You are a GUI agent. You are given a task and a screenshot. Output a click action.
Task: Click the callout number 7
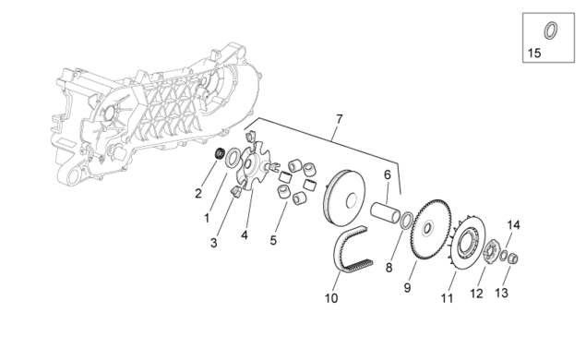click(339, 119)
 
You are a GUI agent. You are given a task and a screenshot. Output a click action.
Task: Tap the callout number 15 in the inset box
click(534, 54)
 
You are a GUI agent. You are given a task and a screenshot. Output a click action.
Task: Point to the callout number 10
click(331, 298)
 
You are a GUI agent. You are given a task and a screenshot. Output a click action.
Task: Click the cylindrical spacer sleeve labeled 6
click(386, 213)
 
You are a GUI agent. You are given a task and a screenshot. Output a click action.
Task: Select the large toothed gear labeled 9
click(432, 229)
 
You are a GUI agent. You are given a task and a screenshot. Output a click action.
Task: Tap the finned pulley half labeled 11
click(466, 242)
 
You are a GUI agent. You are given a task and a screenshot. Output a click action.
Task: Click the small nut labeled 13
click(513, 258)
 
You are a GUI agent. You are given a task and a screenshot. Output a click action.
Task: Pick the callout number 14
click(513, 225)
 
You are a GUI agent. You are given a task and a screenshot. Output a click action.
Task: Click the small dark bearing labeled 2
click(220, 153)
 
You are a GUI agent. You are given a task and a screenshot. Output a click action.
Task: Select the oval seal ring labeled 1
click(233, 157)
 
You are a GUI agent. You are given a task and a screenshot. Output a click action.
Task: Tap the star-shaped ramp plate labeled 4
click(254, 165)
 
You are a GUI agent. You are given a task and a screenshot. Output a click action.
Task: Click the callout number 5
click(273, 240)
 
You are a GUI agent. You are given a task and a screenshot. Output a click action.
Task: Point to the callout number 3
click(213, 243)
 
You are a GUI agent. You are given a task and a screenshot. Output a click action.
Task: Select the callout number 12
click(476, 294)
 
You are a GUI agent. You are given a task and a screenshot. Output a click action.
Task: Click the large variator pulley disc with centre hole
click(344, 198)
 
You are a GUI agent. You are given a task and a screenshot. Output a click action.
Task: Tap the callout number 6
click(388, 174)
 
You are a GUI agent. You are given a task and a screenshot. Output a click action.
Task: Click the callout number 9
click(407, 287)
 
